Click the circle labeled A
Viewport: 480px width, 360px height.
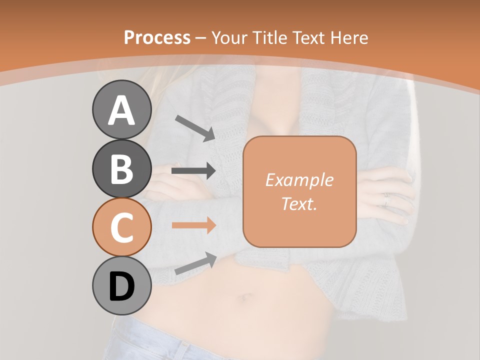tap(121, 109)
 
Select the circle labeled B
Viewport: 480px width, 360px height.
tap(121, 168)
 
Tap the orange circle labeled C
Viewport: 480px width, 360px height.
tap(121, 227)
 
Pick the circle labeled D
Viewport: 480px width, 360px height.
tap(121, 286)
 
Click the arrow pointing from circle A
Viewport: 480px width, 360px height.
tap(195, 128)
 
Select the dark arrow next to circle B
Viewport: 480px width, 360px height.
tap(193, 171)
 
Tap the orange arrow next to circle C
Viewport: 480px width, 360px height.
tap(193, 225)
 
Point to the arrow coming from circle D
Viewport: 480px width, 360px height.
tap(195, 263)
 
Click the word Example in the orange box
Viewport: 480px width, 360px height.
tap(299, 180)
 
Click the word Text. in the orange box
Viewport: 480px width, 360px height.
tap(299, 204)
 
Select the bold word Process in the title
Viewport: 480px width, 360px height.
tap(157, 37)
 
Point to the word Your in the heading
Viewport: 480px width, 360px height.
tap(229, 37)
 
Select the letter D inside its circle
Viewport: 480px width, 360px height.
tap(121, 287)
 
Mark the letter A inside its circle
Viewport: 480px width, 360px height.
tap(121, 110)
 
